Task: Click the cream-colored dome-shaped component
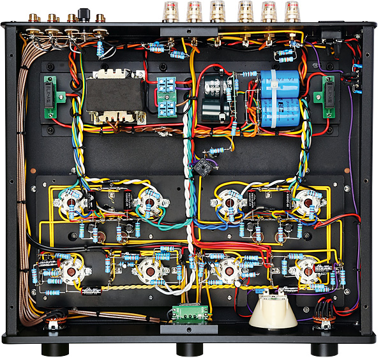click(x=273, y=313)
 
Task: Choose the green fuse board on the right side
click(x=329, y=97)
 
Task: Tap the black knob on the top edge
click(x=84, y=13)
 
